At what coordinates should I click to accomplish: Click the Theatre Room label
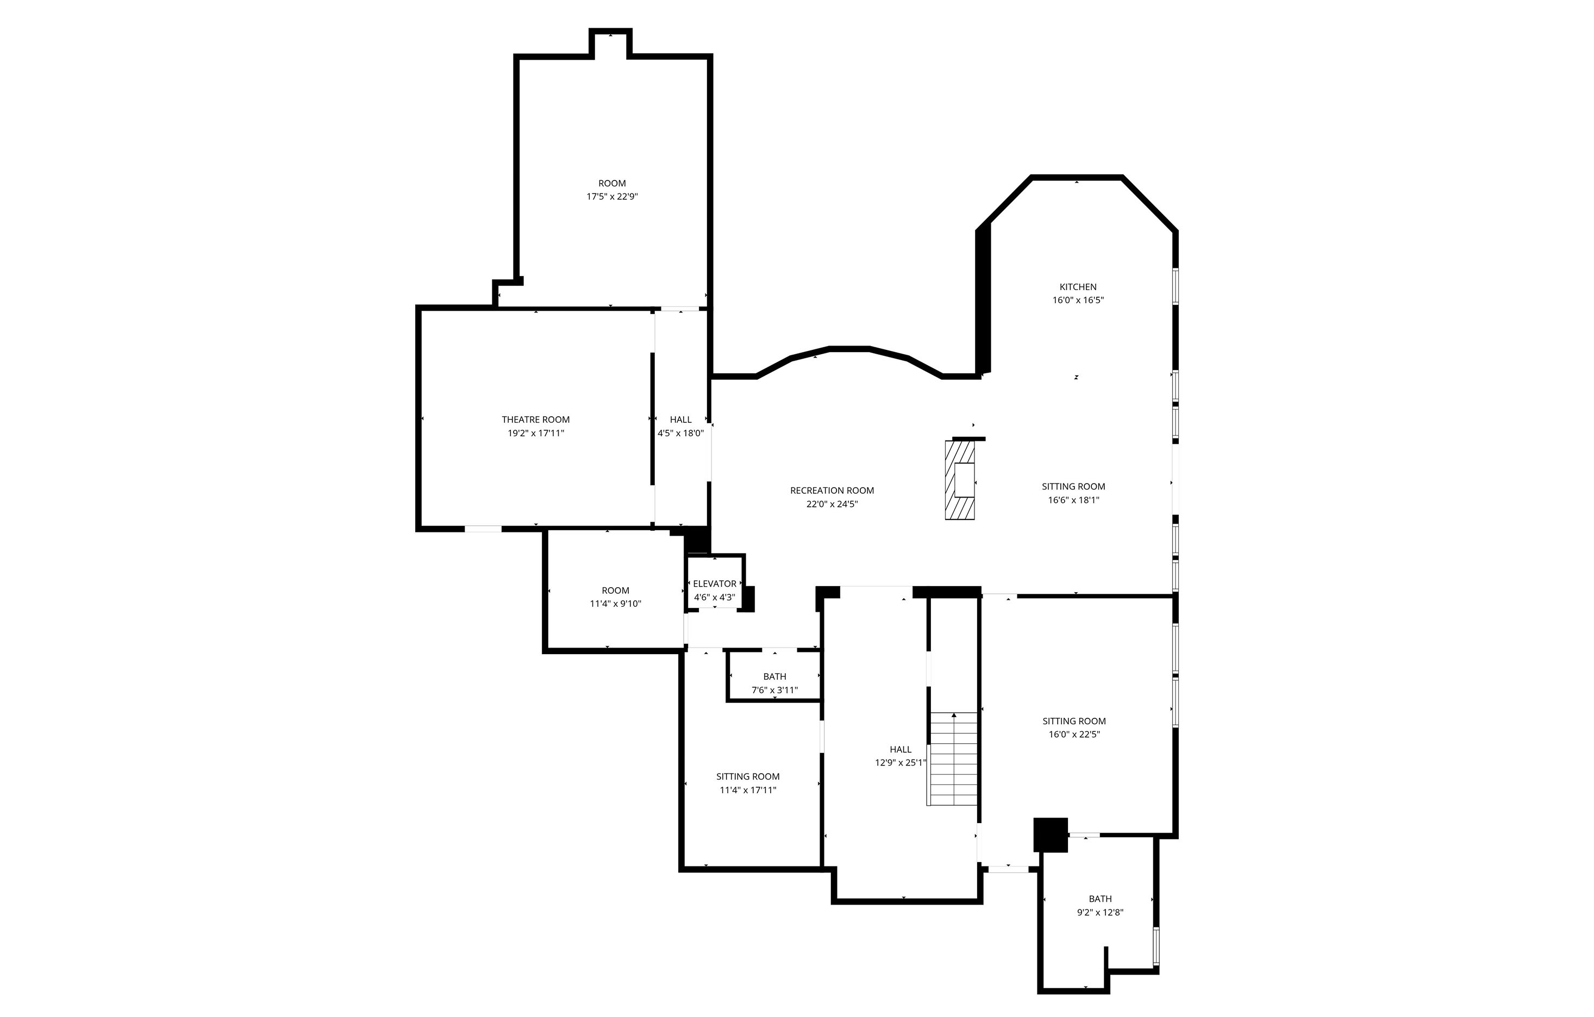coord(535,419)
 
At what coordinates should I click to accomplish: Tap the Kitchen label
coord(1078,286)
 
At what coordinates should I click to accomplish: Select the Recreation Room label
coord(832,491)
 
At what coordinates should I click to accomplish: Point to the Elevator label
coord(714,583)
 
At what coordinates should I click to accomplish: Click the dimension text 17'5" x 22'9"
coord(612,197)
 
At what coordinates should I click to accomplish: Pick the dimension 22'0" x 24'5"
coord(832,504)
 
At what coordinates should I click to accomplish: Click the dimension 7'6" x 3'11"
coord(774,690)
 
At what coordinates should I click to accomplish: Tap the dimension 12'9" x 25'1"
coord(901,763)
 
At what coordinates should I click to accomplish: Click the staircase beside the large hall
coord(953,758)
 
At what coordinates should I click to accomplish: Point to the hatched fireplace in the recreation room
coord(960,480)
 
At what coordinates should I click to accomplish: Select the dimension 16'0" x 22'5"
coord(1074,734)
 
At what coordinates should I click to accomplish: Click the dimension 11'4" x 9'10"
coord(616,604)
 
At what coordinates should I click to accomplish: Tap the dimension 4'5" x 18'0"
coord(680,434)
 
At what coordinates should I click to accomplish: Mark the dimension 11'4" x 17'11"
coord(748,790)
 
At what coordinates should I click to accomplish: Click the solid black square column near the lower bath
coord(1051,835)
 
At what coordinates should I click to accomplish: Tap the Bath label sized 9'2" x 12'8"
coord(1100,899)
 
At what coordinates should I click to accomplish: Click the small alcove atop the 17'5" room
coord(610,43)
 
